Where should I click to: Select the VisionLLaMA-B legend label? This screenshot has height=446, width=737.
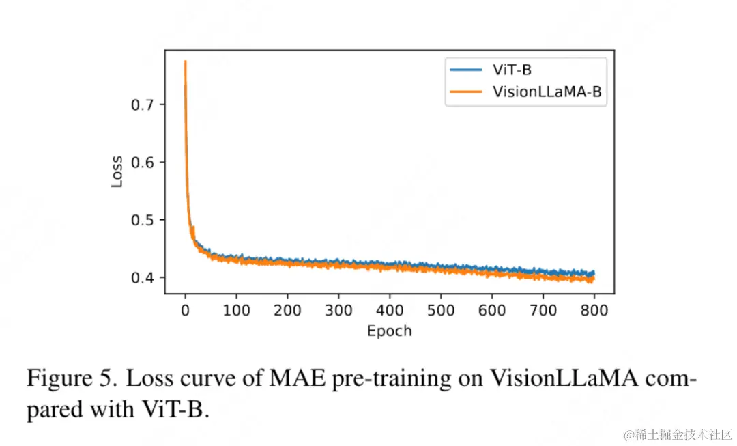point(548,93)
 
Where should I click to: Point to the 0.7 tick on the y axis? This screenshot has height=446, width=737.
point(144,104)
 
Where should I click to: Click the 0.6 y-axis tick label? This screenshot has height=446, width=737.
point(144,162)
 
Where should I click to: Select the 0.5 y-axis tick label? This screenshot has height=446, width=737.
point(144,220)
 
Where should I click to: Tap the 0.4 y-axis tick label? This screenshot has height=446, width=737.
point(144,277)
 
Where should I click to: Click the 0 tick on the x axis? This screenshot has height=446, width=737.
point(185,311)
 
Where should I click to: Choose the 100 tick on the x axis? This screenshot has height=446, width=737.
point(236,311)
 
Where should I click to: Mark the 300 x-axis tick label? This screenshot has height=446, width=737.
point(338,311)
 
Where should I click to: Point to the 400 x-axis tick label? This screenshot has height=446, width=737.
point(390,311)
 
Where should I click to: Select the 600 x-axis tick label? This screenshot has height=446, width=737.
point(492,311)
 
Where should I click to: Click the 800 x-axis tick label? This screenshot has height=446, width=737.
point(594,311)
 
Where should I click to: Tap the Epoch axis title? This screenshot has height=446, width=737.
point(389,331)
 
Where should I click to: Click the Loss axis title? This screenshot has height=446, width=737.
point(117,172)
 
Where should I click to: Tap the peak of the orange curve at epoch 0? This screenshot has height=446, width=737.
point(185,61)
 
